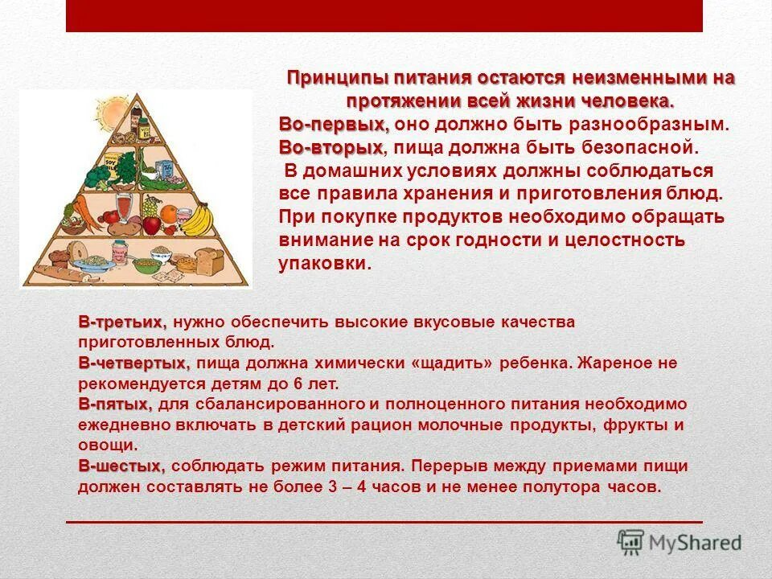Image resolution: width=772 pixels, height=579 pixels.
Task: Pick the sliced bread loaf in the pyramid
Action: click(x=211, y=260)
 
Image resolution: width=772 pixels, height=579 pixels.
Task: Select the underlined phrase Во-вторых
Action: click(x=331, y=149)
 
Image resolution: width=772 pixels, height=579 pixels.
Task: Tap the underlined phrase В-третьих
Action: click(x=122, y=322)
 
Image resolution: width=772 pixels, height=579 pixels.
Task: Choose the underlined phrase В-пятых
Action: click(x=115, y=404)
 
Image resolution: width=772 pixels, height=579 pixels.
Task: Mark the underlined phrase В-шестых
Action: click(x=121, y=466)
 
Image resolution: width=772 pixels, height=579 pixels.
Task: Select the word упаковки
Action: click(x=326, y=264)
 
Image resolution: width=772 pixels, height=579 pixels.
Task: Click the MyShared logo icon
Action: click(x=631, y=541)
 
